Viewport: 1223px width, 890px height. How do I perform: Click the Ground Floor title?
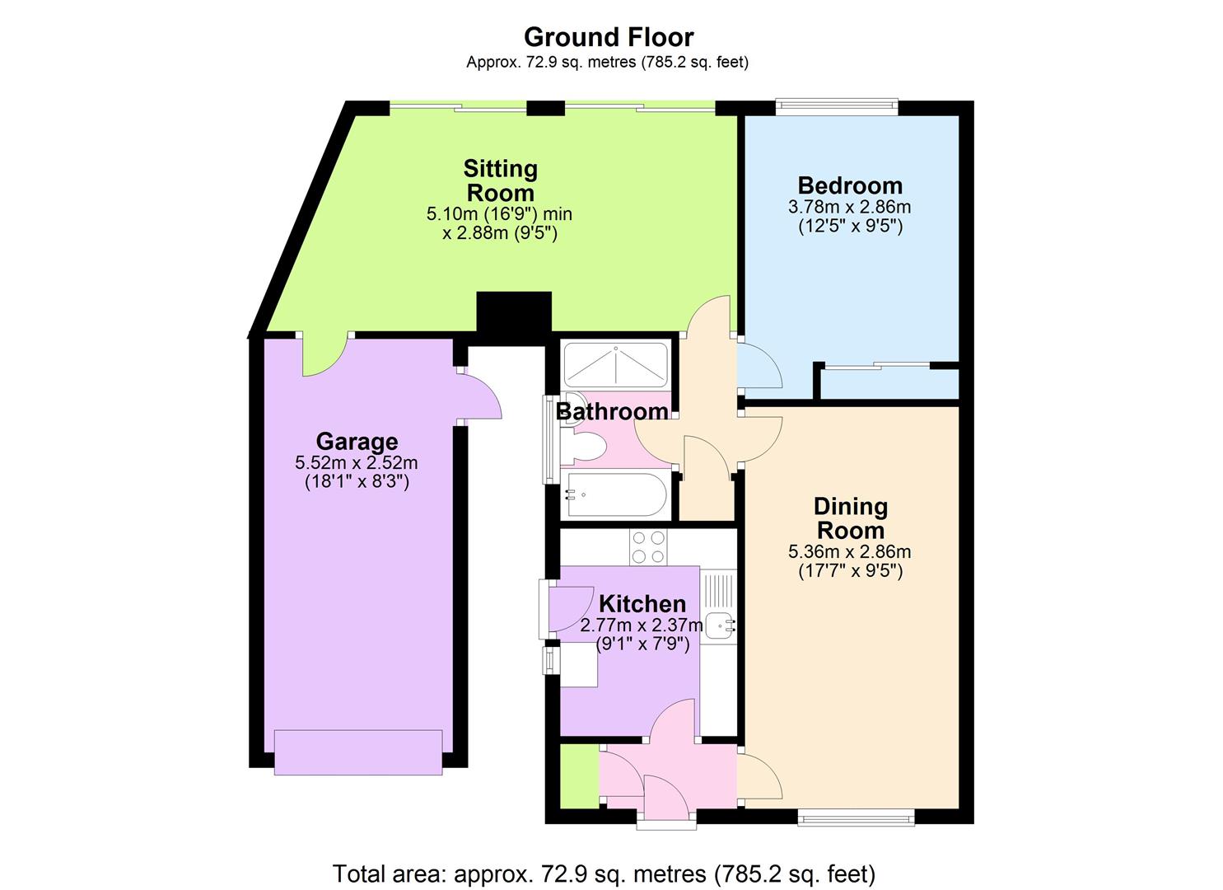click(x=608, y=37)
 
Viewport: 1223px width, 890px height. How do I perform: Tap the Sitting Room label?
click(x=500, y=180)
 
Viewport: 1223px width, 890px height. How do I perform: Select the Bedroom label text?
click(x=850, y=185)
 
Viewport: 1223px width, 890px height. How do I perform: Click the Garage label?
click(x=357, y=442)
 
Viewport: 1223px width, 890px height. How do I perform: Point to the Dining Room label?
click(x=850, y=518)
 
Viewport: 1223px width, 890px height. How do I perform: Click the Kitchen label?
click(x=642, y=603)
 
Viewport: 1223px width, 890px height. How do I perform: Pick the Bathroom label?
click(x=612, y=410)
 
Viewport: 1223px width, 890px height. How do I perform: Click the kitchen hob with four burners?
click(x=648, y=547)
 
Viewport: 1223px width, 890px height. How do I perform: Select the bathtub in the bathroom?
click(x=615, y=495)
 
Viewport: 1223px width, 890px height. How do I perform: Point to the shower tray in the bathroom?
click(x=615, y=365)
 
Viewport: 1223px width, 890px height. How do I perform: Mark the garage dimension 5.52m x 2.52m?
click(x=357, y=463)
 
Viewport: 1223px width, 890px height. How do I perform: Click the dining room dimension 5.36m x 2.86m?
click(x=850, y=552)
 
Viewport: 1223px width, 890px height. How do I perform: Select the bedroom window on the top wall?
click(x=836, y=105)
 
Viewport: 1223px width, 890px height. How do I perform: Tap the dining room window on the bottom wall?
click(x=856, y=817)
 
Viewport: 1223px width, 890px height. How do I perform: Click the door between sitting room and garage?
click(x=324, y=354)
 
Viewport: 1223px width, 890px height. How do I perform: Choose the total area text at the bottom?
click(x=604, y=873)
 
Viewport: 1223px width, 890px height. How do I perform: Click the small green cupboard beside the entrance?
click(x=579, y=775)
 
